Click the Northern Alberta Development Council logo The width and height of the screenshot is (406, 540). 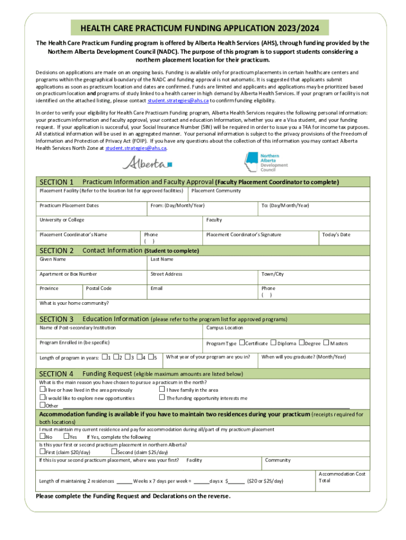pos(266,162)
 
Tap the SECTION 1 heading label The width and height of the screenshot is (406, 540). pos(56,182)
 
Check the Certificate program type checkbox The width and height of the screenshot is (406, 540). pos(241,343)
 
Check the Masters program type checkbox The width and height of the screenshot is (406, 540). pos(326,343)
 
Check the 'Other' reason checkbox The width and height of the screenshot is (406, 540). pos(42,405)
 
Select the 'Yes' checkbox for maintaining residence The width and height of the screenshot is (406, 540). pos(66,436)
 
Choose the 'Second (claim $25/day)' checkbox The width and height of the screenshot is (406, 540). pos(113,451)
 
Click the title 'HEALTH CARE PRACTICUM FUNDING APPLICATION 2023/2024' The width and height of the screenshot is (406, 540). pos(203,27)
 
